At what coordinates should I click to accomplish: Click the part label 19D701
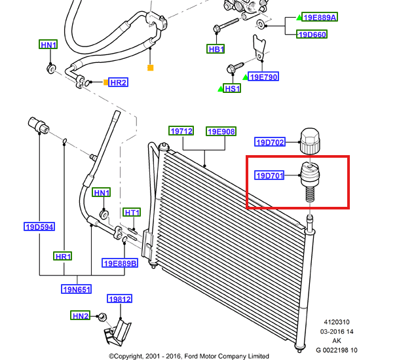(269, 175)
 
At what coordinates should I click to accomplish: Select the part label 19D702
(269, 141)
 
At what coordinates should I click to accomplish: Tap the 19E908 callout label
(221, 131)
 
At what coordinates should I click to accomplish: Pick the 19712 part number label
(182, 131)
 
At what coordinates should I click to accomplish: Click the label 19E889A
(320, 18)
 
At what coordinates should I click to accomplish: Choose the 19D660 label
(312, 34)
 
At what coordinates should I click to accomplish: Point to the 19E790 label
(264, 77)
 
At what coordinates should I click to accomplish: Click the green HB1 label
(216, 49)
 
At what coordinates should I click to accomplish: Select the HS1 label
(232, 88)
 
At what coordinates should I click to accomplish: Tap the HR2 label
(118, 82)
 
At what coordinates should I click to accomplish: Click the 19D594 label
(39, 227)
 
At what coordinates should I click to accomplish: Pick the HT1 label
(132, 213)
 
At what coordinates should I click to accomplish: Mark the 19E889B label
(120, 263)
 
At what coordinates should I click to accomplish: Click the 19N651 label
(77, 289)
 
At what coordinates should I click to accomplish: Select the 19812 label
(119, 299)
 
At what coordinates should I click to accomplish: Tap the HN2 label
(81, 315)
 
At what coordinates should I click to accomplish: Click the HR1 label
(63, 256)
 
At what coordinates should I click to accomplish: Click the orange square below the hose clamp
(150, 67)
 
